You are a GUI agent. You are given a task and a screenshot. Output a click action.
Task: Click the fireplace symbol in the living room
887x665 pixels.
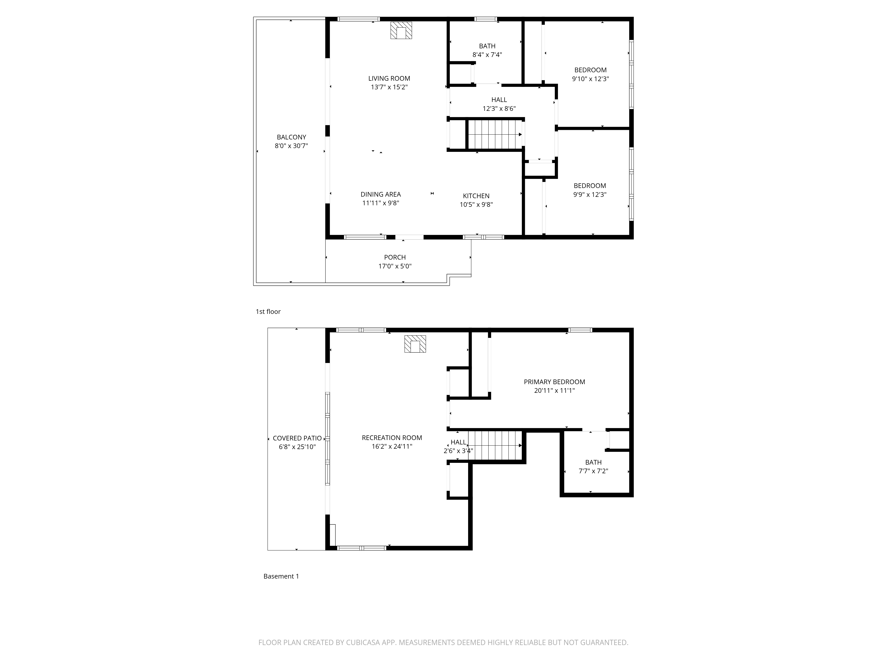point(401,30)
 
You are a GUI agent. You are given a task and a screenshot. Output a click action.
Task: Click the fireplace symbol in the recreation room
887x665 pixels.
point(415,344)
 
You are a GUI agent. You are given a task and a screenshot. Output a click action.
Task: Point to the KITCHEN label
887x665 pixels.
point(476,196)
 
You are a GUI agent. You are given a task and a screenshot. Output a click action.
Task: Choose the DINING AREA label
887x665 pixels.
point(381,194)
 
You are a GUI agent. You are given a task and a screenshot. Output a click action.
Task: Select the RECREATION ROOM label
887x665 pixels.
point(392,438)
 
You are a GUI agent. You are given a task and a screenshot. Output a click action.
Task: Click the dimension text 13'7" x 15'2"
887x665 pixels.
point(389,87)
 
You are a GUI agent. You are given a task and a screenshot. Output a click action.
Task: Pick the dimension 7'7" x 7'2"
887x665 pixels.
point(593,471)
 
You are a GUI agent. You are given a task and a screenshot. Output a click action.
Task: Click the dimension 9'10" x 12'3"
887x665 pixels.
point(590,79)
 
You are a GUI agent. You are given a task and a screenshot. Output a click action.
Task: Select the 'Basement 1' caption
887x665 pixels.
point(281,576)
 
